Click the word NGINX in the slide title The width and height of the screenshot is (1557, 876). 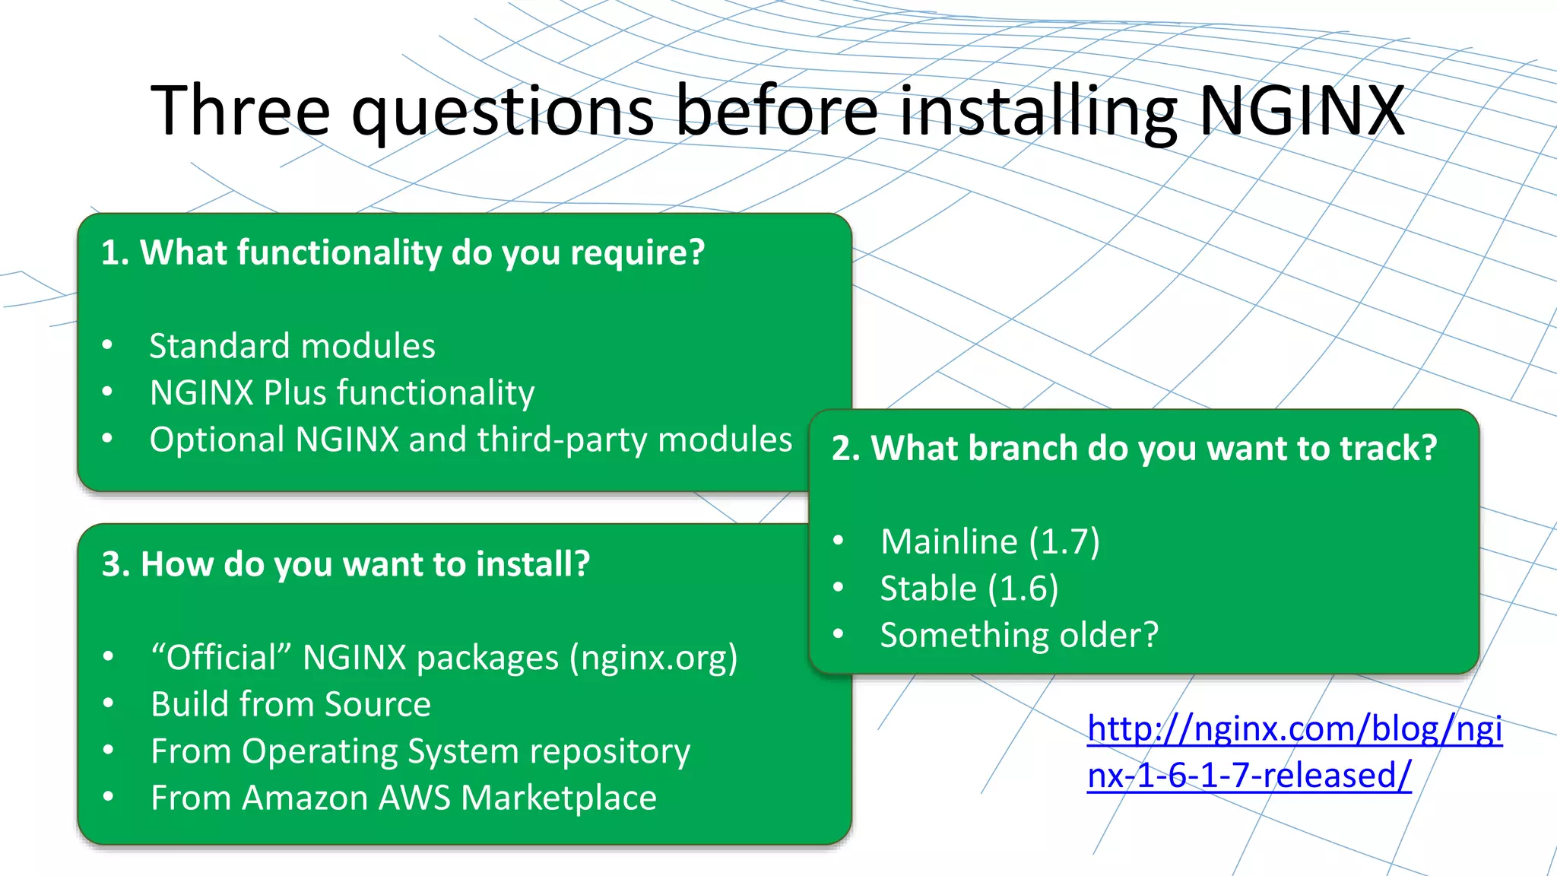(1302, 111)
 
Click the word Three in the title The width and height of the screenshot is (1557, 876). (240, 111)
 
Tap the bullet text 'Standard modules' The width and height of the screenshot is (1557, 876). (292, 346)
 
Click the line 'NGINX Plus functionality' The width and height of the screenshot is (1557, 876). (342, 393)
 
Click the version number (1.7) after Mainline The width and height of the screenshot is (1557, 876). (1064, 541)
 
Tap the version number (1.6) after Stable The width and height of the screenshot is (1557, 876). (1023, 589)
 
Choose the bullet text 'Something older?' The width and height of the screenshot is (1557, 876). (1019, 635)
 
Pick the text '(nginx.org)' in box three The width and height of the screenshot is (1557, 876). (654, 658)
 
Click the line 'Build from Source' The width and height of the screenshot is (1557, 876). (290, 704)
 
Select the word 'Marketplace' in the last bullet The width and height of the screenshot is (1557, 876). (559, 798)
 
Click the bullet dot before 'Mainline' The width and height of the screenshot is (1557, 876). (839, 541)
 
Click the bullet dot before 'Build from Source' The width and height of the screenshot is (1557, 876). (108, 703)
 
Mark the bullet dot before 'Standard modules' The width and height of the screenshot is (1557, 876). (107, 345)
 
